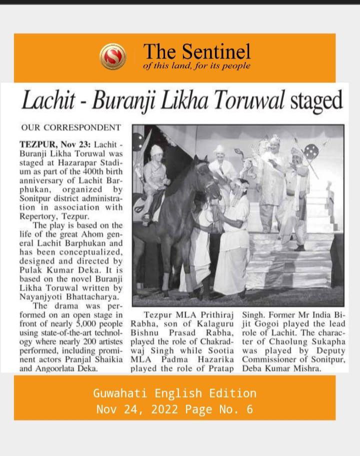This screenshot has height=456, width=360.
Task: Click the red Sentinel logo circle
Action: [x=112, y=56]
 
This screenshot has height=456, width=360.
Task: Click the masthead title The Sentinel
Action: [x=196, y=51]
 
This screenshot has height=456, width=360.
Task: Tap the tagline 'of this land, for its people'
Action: [x=196, y=66]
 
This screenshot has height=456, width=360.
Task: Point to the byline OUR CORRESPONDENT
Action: [x=70, y=127]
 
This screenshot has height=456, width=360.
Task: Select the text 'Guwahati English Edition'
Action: [x=174, y=393]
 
